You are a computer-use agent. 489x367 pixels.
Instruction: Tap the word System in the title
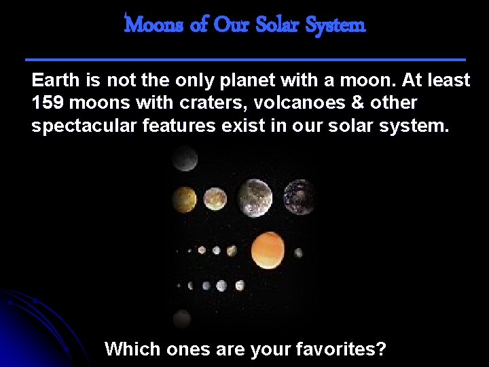tap(336, 25)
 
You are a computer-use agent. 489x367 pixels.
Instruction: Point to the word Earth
tap(56, 80)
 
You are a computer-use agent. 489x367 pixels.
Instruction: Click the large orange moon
tap(268, 249)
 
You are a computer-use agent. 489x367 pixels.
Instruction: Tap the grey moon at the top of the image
tap(184, 159)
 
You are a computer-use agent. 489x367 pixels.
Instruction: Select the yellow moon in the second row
tap(183, 198)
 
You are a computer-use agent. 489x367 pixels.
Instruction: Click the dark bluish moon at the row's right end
tap(298, 197)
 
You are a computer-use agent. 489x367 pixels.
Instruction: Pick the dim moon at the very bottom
tap(182, 318)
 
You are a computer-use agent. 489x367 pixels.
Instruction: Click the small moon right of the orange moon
tap(298, 252)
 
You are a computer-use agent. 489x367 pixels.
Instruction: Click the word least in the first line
tap(447, 80)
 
